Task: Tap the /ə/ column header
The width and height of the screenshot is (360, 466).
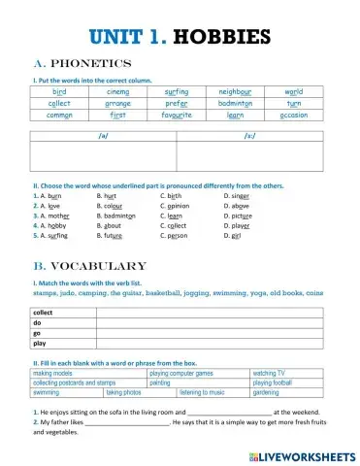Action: (104, 136)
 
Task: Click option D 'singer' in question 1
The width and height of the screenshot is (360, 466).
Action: (236, 195)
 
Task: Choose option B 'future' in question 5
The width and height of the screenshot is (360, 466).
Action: (110, 235)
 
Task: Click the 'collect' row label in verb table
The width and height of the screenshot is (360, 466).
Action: (44, 314)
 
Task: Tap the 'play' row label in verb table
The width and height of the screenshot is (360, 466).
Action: (40, 343)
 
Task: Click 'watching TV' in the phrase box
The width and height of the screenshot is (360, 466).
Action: (269, 373)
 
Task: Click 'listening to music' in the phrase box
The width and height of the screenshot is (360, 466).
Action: (201, 392)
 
